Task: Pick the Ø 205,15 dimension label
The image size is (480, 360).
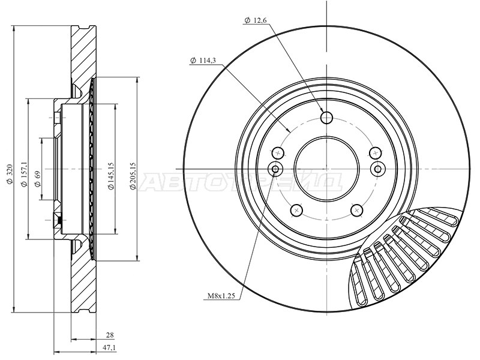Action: click(x=133, y=175)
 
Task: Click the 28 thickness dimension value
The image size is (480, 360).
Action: click(x=109, y=335)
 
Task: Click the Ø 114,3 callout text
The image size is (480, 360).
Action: click(x=203, y=61)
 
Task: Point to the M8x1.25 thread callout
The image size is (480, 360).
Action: click(x=221, y=296)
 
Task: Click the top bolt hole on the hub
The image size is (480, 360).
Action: click(x=326, y=117)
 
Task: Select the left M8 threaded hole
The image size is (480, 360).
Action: click(x=275, y=169)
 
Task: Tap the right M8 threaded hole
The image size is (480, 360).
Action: click(x=378, y=169)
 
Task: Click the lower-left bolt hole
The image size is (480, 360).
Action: click(x=296, y=210)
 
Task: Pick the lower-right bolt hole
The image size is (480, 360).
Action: click(x=357, y=210)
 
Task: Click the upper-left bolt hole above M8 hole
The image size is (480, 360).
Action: click(x=278, y=153)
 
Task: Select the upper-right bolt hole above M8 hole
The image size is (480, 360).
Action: click(x=376, y=153)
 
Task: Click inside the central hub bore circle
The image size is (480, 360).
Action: click(x=326, y=169)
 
